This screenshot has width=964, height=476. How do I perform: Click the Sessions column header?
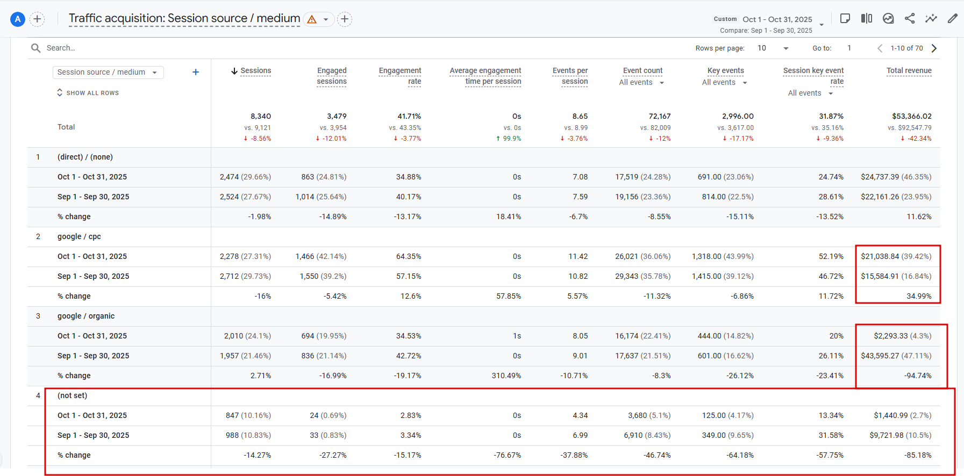(255, 71)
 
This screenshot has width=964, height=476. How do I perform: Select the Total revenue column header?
(909, 71)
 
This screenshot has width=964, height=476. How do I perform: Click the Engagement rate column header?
(400, 76)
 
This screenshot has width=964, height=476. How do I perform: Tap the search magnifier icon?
(36, 48)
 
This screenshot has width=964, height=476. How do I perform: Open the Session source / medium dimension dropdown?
(108, 73)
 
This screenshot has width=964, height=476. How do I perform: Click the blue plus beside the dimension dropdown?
(196, 73)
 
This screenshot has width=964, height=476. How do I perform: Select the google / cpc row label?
(79, 236)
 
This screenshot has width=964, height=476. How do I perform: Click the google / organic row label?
(86, 316)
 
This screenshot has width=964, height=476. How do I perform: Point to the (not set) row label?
(72, 395)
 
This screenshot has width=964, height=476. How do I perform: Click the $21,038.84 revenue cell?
(896, 256)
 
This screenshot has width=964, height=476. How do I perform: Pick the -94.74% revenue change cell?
(918, 376)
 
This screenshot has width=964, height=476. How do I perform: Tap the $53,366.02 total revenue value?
(911, 116)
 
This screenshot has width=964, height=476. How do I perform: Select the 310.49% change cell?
(506, 376)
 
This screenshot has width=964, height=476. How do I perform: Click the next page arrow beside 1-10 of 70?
(934, 48)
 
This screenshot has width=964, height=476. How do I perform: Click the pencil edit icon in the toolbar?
(952, 19)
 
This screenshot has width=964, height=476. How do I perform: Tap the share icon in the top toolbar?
(910, 19)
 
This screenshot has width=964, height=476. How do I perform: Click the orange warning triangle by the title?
(312, 20)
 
